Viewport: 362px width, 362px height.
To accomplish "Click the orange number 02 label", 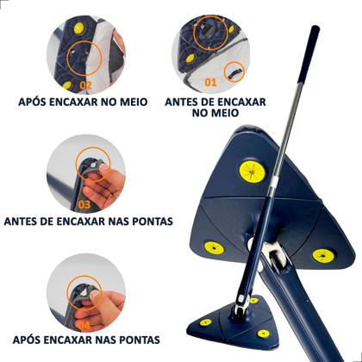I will pyautogui.click(x=85, y=84).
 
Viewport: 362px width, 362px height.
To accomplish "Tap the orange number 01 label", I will pyautogui.click(x=210, y=84).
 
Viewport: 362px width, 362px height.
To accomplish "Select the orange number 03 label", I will pyautogui.click(x=84, y=204).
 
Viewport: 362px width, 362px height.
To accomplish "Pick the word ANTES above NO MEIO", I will pyautogui.click(x=205, y=102).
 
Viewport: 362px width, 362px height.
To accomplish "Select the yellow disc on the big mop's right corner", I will pyautogui.click(x=323, y=256).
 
